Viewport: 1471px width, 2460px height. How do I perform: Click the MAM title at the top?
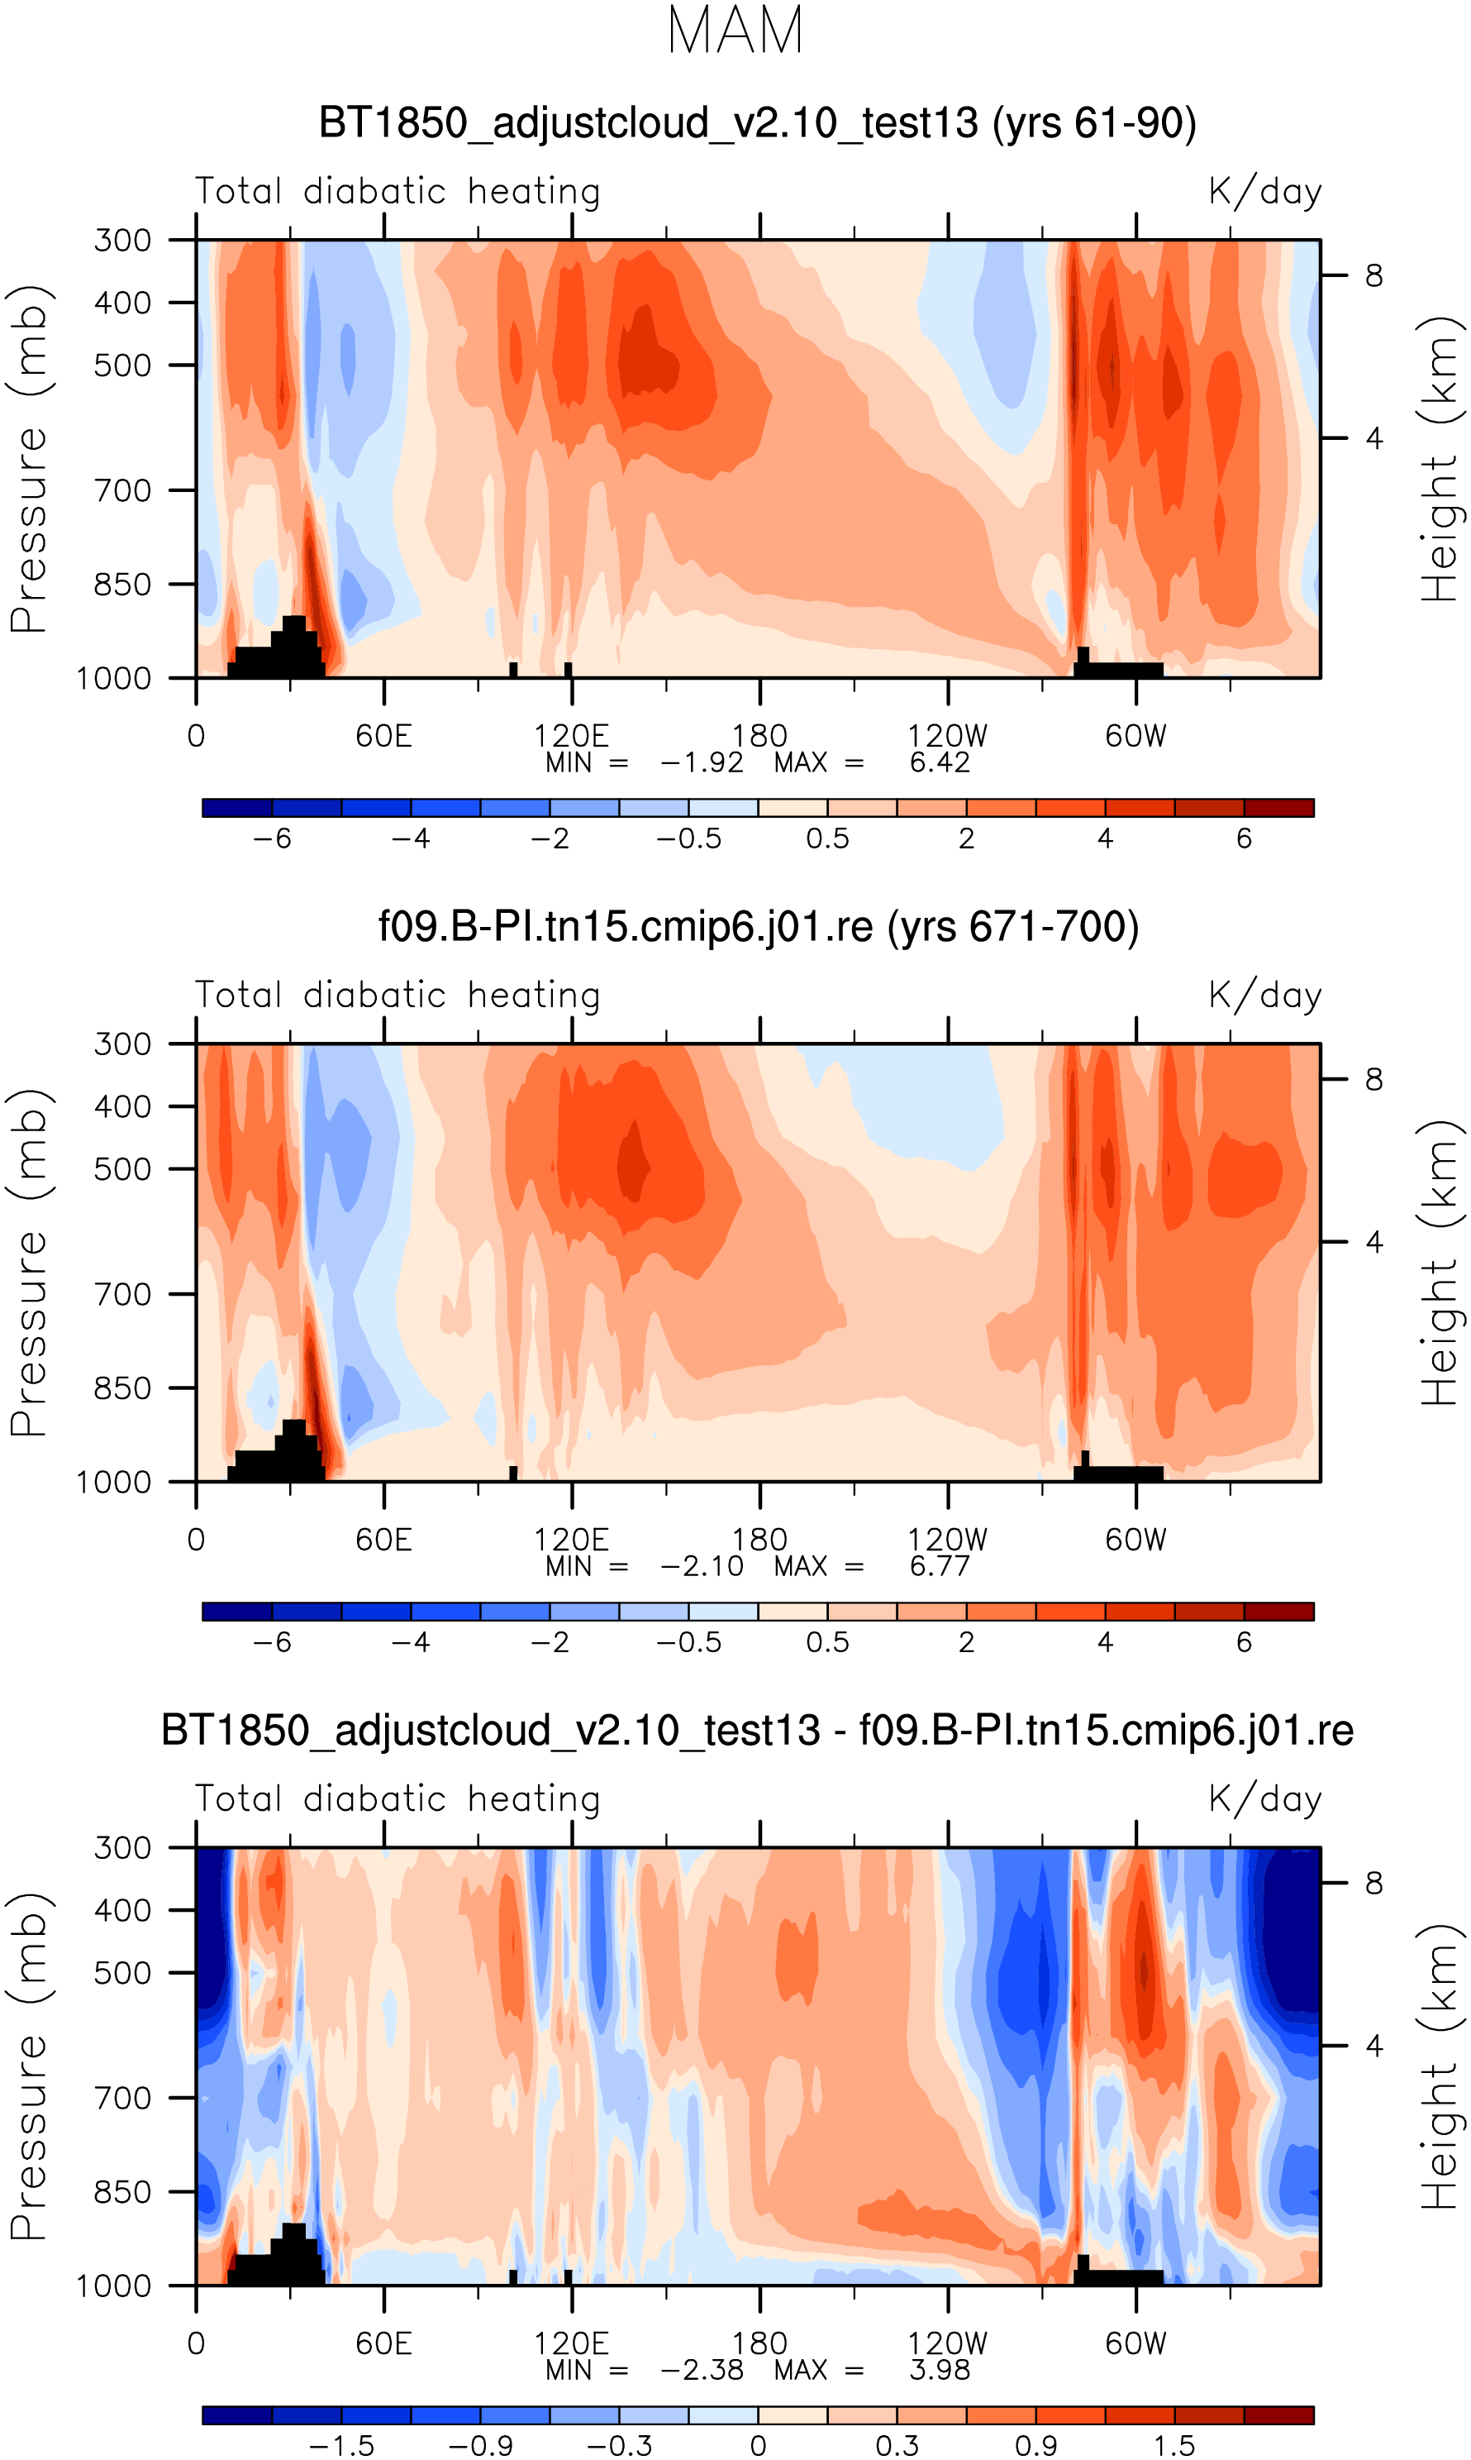tap(735, 31)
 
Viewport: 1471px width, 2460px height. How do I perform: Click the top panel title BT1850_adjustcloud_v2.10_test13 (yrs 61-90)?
tap(757, 123)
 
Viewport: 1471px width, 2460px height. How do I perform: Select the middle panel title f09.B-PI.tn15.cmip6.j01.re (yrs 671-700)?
tap(759, 927)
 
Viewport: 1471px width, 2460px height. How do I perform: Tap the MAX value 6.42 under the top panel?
tap(939, 762)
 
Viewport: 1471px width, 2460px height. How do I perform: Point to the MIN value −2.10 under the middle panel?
tap(701, 1567)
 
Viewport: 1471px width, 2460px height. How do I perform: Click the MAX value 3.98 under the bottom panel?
tap(939, 2370)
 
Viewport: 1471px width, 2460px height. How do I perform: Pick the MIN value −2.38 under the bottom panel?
tap(701, 2370)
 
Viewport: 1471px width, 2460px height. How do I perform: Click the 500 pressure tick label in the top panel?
tap(123, 365)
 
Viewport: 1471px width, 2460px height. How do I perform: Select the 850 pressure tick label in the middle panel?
tap(123, 1388)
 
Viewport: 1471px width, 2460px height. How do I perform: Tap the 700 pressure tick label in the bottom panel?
tap(123, 2098)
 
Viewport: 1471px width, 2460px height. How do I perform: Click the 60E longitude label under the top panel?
tap(383, 737)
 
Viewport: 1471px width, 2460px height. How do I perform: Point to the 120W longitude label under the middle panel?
tap(948, 1540)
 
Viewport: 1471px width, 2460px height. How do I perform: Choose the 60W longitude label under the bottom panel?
tap(1136, 2344)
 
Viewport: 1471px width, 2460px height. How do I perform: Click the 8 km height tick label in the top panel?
tap(1373, 275)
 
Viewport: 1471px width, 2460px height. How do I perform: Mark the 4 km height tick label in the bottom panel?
tap(1373, 2046)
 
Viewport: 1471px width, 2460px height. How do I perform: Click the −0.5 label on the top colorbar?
tap(689, 838)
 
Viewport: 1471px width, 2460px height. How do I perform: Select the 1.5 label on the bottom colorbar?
tap(1173, 2446)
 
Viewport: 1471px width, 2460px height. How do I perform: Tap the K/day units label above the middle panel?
tap(1265, 995)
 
